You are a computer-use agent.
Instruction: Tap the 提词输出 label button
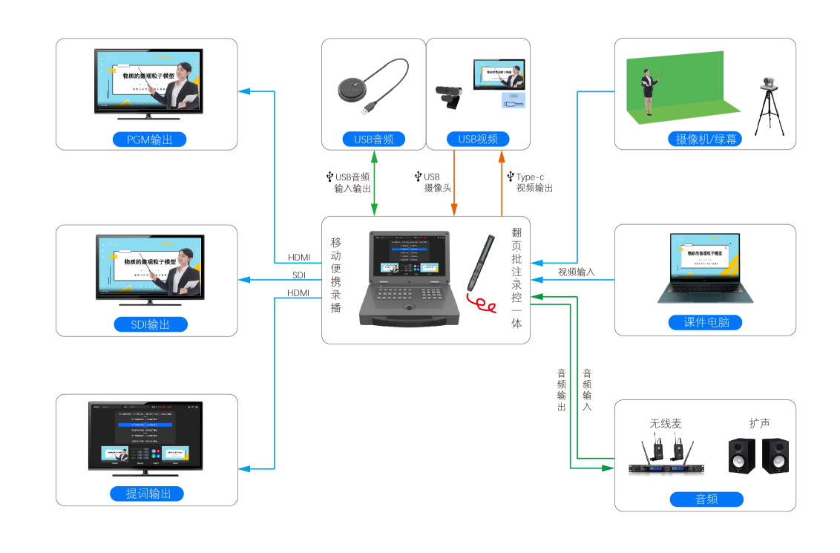[149, 494]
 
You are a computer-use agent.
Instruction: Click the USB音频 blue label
[374, 139]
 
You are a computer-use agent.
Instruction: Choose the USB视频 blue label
[478, 139]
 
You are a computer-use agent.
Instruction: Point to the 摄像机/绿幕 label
[705, 139]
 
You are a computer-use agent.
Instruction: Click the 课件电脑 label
[705, 322]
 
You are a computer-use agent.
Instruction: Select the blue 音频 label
[706, 500]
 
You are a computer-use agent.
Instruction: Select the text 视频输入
[577, 272]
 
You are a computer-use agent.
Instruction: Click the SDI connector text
[299, 275]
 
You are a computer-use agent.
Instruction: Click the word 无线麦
[666, 423]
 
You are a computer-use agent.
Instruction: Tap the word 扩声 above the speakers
[759, 423]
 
